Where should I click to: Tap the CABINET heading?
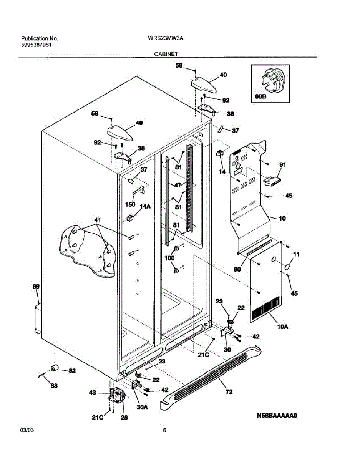[166, 55]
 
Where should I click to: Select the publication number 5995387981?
[37, 45]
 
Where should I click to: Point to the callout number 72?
[229, 392]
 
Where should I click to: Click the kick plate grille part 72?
[215, 373]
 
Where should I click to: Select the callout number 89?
[36, 287]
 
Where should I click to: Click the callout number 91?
[283, 165]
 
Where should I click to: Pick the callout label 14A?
[145, 206]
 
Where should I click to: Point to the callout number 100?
[169, 258]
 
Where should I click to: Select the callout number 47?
[177, 185]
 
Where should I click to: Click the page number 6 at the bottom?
[164, 431]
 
